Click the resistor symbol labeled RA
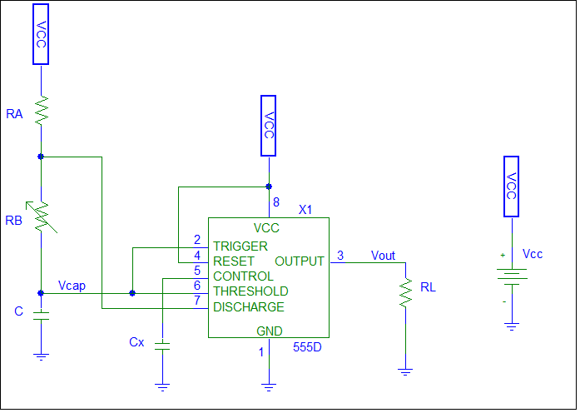(41, 110)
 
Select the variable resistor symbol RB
(41, 219)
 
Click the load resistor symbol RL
(405, 293)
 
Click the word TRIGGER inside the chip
(240, 246)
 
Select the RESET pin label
(234, 261)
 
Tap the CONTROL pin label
(243, 276)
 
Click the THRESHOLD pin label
(250, 291)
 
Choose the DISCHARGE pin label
(249, 306)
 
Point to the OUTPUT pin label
(300, 261)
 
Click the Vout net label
(383, 256)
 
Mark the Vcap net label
(72, 286)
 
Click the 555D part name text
(307, 347)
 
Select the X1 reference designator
(305, 210)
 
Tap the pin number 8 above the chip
(275, 202)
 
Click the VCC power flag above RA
(41, 34)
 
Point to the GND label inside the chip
(269, 331)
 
